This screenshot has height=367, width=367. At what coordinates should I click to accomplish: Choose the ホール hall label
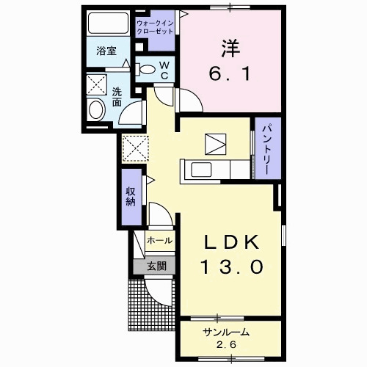(x=159, y=241)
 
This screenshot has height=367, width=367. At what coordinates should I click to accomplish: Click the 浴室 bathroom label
(x=106, y=51)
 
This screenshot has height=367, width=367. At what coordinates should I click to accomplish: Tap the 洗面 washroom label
(x=117, y=97)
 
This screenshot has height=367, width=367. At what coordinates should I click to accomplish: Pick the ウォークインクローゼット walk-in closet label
(x=155, y=28)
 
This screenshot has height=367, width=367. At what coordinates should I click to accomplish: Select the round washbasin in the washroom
(x=96, y=110)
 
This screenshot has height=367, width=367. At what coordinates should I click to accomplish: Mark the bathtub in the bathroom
(x=106, y=24)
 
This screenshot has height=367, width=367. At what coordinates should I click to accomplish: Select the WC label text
(x=164, y=70)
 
